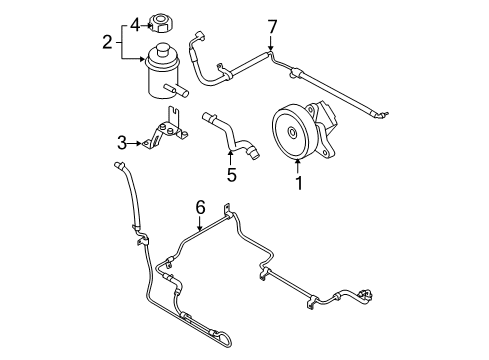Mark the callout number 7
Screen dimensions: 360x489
pos(270,24)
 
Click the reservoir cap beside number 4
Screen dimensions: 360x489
pos(163,23)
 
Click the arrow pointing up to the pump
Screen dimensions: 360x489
pos(296,166)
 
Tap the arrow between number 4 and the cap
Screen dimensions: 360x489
pos(146,23)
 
